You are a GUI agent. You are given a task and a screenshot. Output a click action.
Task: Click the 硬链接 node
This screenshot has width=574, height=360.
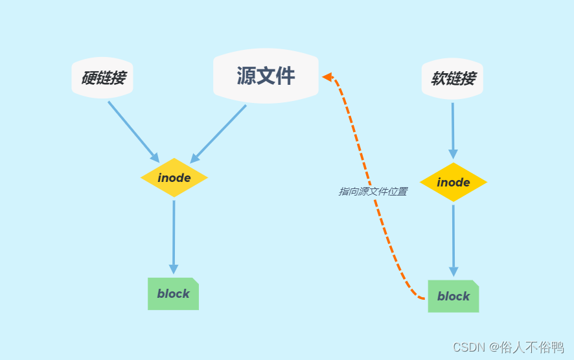(x=102, y=78)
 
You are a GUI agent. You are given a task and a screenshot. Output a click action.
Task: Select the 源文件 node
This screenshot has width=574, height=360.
(x=266, y=76)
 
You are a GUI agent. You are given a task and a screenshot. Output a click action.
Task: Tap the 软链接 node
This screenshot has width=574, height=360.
(x=452, y=79)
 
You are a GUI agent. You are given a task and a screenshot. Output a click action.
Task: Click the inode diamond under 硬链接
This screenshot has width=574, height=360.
(x=174, y=177)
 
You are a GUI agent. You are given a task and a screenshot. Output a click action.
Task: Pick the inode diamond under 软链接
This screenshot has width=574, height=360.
(x=453, y=182)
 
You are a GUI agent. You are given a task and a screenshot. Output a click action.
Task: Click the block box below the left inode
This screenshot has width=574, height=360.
(x=173, y=294)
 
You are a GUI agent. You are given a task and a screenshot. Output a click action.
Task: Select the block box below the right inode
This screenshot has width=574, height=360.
(x=453, y=296)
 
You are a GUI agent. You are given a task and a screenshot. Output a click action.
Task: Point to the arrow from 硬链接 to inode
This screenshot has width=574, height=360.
(x=132, y=130)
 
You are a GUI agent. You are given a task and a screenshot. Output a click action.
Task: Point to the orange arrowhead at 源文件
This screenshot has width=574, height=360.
(x=328, y=77)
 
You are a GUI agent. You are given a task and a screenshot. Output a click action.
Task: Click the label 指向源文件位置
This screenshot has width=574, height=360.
(x=373, y=192)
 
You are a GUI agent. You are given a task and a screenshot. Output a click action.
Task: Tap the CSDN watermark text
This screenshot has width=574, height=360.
(x=508, y=348)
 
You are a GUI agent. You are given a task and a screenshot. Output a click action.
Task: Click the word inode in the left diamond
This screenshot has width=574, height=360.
(x=174, y=177)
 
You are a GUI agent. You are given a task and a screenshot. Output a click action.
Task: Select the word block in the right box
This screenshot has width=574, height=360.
(x=453, y=297)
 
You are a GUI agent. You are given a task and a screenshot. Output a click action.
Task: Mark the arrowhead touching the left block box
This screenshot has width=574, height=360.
(x=173, y=269)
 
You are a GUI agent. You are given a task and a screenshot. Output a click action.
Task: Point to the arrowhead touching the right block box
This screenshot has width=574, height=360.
(x=453, y=272)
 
